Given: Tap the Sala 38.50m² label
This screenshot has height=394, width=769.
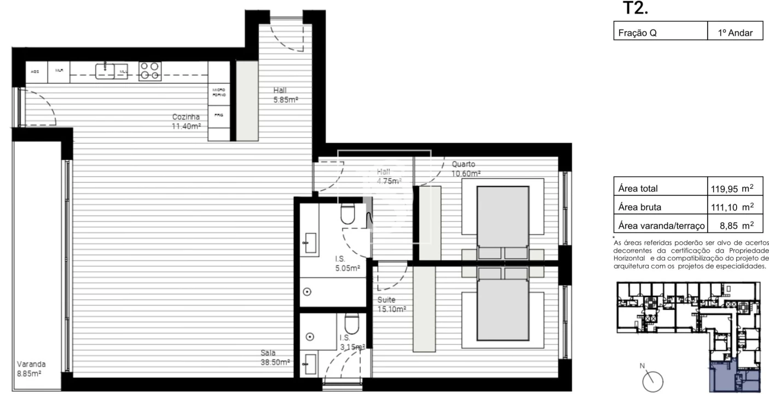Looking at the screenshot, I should tap(275, 357).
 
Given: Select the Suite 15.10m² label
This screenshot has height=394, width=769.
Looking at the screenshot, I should tap(391, 304).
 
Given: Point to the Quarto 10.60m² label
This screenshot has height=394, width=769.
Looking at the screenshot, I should tap(466, 169).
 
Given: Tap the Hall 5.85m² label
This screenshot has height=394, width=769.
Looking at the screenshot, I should tap(285, 95).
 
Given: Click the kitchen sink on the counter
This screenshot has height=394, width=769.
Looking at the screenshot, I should tap(105, 71).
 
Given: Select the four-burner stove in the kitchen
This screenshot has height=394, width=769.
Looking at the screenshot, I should tap(149, 71).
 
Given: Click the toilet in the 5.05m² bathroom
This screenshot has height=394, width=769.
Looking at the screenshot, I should tap(349, 214).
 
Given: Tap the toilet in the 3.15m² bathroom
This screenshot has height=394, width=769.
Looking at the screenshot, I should tap(351, 324).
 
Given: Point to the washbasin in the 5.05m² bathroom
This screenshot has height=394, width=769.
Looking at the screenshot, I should tap(310, 243).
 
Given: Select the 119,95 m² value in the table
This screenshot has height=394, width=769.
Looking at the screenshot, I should tap(731, 189).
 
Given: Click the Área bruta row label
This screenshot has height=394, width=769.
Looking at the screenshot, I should tap(639, 207).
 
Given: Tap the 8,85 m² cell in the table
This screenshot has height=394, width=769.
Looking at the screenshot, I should tap(731, 225).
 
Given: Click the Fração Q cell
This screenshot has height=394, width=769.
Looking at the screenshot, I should tap(638, 33).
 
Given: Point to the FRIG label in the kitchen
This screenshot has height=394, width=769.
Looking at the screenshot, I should tap(218, 114).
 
